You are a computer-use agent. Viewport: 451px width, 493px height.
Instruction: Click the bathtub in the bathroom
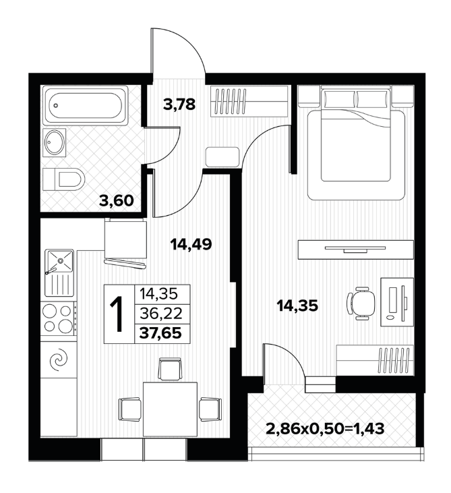[x=86, y=106]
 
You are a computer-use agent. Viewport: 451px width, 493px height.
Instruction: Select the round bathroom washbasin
[x=55, y=142]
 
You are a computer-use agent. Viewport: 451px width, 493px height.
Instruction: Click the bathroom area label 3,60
[x=116, y=200]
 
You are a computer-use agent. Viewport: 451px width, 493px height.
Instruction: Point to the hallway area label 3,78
[x=179, y=104]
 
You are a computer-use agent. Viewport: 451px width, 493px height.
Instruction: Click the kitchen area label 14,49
[x=191, y=244]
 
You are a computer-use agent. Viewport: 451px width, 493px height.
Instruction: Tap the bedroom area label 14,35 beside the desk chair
[x=297, y=306]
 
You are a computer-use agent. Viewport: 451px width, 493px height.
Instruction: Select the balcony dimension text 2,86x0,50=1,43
[x=325, y=428]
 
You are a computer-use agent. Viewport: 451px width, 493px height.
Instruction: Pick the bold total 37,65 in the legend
[x=160, y=332]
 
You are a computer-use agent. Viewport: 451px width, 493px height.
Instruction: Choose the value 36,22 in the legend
[x=161, y=313]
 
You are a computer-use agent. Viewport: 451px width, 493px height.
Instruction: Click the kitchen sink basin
[x=60, y=260]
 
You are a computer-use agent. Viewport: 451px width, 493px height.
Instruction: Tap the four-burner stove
[x=59, y=318]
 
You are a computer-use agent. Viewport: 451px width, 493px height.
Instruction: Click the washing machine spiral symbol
[x=59, y=359]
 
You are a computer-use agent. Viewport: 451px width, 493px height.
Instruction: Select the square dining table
[x=170, y=409]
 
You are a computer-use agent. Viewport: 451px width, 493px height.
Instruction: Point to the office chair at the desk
[x=361, y=303]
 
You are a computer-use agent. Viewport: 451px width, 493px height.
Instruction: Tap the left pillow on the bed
[x=339, y=98]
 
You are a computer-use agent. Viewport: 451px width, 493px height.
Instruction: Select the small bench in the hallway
[x=222, y=157]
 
